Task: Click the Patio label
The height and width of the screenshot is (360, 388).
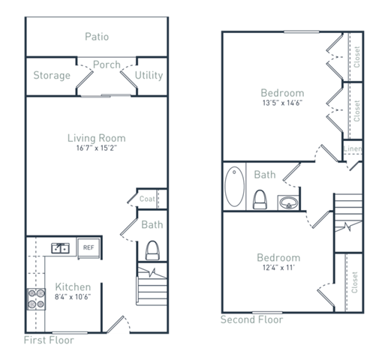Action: click(96, 36)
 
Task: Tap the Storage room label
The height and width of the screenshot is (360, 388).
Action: click(52, 76)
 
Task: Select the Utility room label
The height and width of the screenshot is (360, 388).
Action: click(149, 76)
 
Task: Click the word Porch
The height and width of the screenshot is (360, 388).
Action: click(107, 64)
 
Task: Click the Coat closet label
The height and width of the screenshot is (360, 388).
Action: click(148, 199)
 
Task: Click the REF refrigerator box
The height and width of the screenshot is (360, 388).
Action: click(88, 247)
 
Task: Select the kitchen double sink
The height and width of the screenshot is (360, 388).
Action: click(60, 247)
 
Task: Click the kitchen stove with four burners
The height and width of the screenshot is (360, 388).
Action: click(36, 299)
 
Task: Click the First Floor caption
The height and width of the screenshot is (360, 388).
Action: click(49, 339)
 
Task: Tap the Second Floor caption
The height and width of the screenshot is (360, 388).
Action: click(252, 319)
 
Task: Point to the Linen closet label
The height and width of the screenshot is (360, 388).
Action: click(353, 148)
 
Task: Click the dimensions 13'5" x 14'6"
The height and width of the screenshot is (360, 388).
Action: click(282, 103)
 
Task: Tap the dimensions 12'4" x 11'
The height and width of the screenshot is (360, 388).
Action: click(279, 268)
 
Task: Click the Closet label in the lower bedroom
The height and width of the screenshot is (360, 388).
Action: click(354, 282)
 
